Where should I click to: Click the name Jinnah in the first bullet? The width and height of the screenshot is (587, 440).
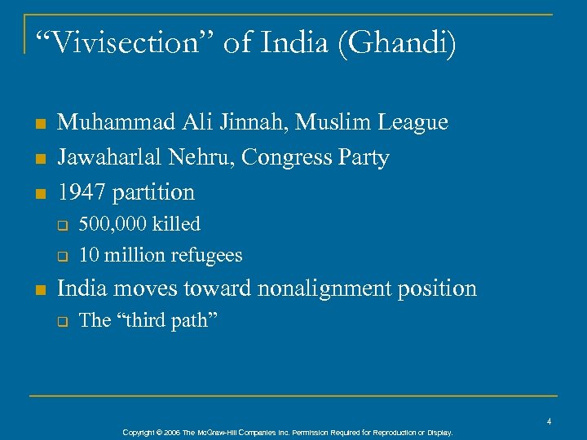tap(258, 122)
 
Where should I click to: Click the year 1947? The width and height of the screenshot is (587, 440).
tap(82, 192)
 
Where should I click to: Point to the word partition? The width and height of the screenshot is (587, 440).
tap(153, 192)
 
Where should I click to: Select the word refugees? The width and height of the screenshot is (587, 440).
tap(206, 255)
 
